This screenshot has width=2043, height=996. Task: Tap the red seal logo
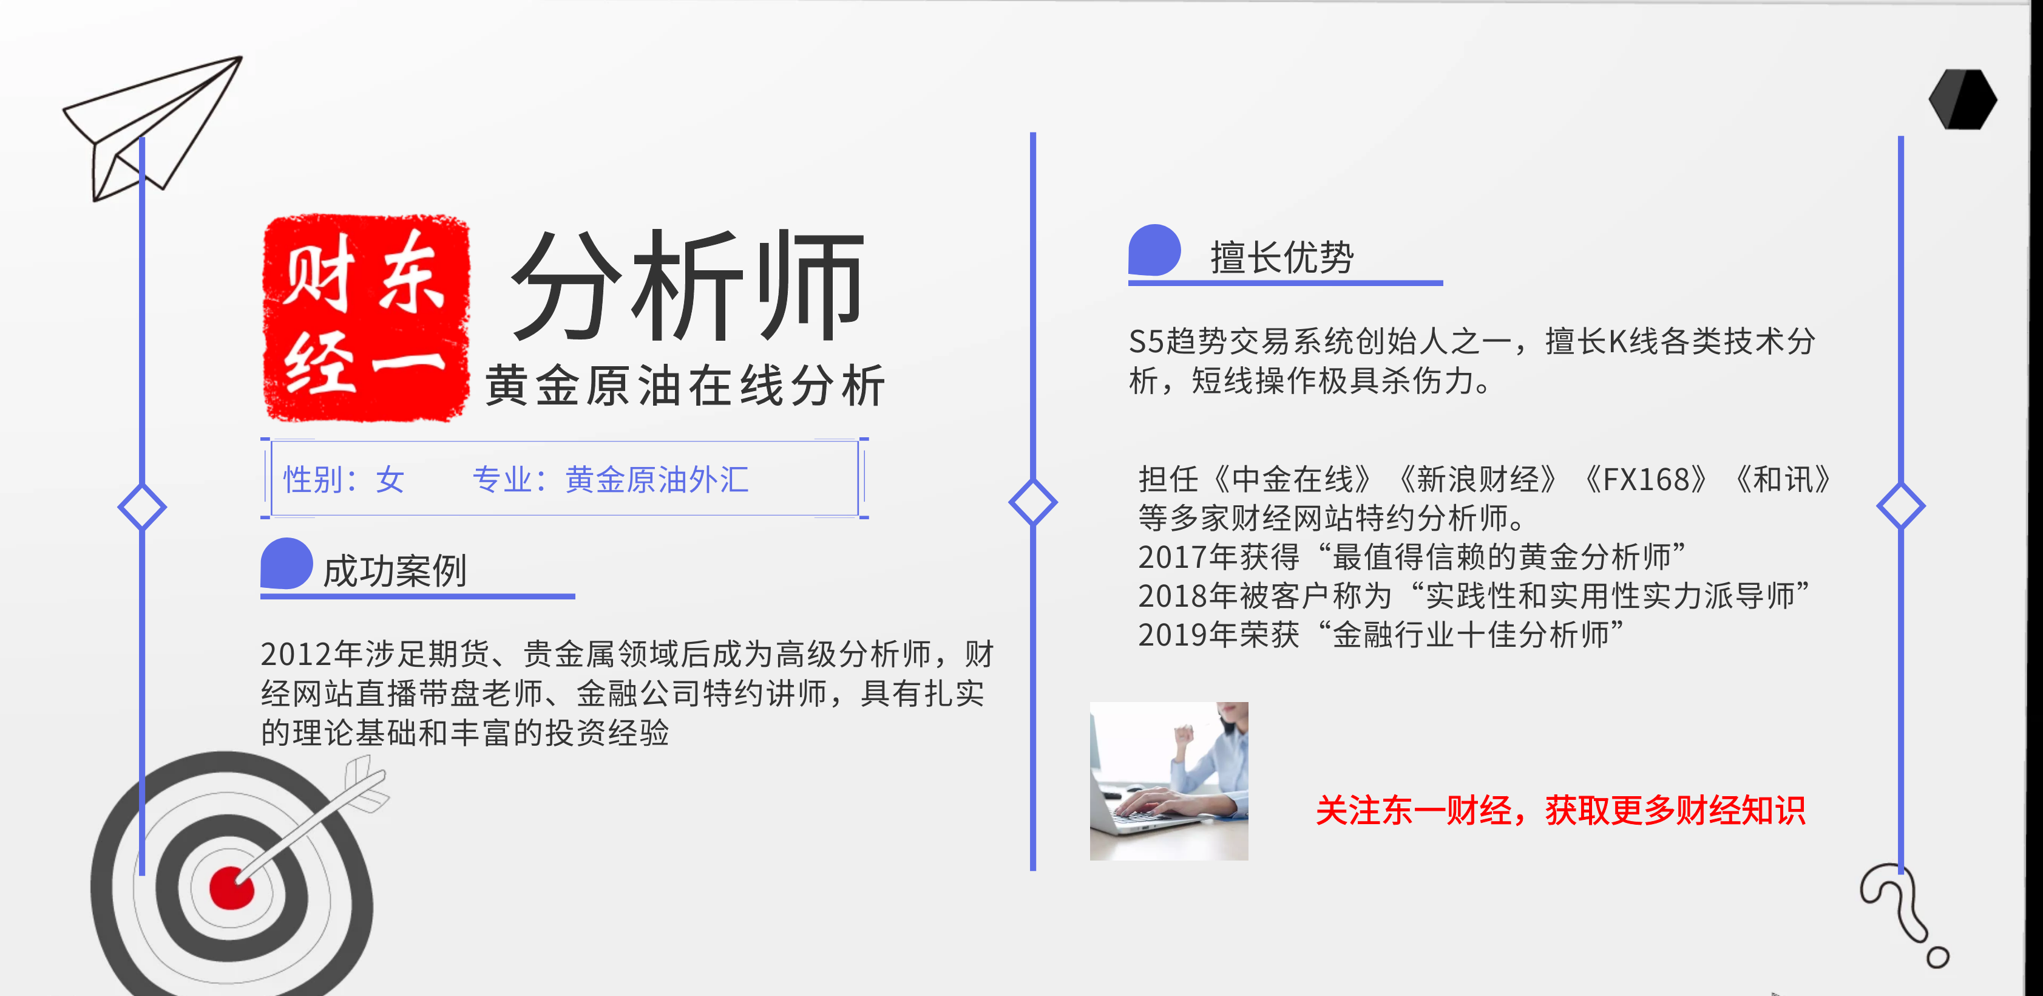click(367, 318)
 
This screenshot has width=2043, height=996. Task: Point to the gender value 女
click(390, 479)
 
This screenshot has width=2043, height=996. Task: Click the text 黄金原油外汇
click(657, 479)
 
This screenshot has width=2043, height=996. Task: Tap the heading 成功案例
click(395, 571)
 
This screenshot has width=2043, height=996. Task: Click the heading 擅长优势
click(1282, 257)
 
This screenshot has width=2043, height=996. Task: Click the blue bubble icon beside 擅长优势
click(1155, 250)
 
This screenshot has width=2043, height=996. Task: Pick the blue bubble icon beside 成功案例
click(286, 564)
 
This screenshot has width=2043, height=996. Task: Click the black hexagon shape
click(1963, 99)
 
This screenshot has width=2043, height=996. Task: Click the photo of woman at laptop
click(1168, 781)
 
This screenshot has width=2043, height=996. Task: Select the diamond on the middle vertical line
click(1032, 502)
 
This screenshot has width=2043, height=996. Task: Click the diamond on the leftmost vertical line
click(142, 507)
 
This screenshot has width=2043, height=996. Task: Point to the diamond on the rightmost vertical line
click(1900, 505)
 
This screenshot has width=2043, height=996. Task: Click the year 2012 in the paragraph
click(296, 654)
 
